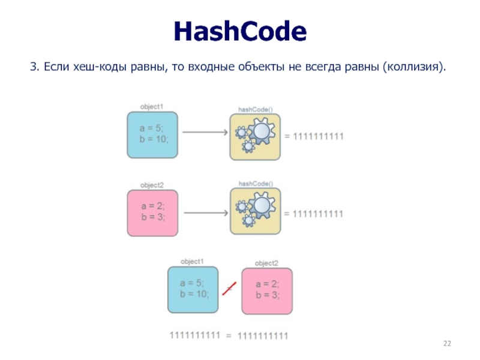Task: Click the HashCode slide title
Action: tap(240, 31)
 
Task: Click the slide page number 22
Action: tap(446, 343)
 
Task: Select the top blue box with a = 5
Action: tap(152, 135)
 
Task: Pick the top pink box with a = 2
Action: tap(152, 212)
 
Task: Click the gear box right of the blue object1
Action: tap(255, 136)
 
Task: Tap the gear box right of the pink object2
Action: tap(255, 212)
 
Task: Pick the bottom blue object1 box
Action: tap(193, 289)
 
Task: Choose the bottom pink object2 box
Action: tap(267, 290)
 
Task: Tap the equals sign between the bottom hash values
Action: tap(228, 336)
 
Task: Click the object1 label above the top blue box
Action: tap(152, 106)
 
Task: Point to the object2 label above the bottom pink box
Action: tap(266, 263)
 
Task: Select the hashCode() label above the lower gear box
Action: tap(256, 184)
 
